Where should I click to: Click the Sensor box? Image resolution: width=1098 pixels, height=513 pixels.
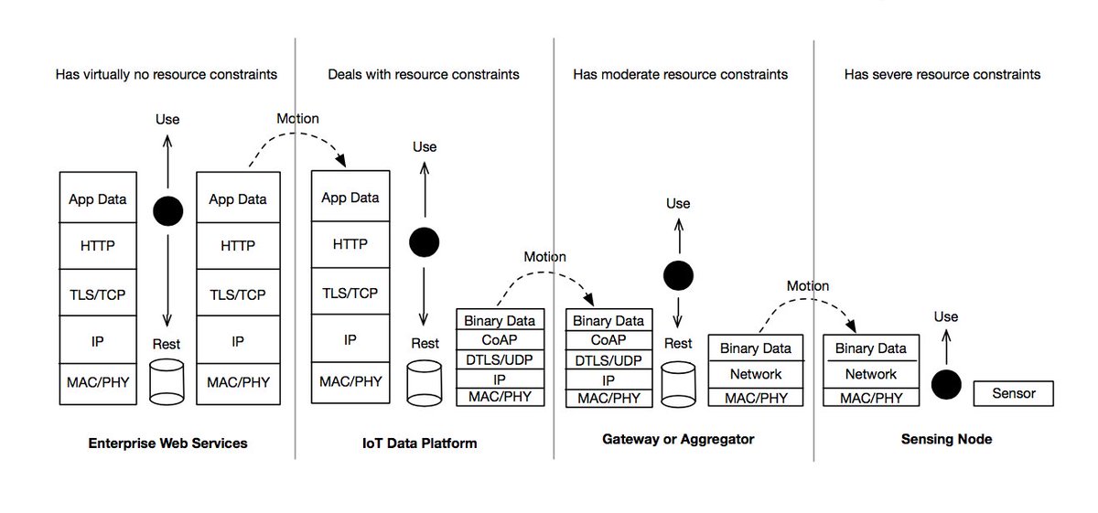click(1013, 393)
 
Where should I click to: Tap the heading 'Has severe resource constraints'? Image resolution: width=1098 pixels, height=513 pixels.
click(942, 74)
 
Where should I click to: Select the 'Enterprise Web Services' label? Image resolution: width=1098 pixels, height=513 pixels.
click(167, 444)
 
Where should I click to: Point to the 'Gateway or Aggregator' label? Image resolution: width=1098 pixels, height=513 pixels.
click(678, 439)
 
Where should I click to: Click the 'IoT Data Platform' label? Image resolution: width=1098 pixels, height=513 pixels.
click(420, 444)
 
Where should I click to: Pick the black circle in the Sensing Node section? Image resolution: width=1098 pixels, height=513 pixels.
click(946, 385)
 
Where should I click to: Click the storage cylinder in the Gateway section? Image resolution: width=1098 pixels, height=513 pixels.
click(678, 385)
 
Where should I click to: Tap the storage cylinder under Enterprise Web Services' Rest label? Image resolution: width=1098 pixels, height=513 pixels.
click(167, 382)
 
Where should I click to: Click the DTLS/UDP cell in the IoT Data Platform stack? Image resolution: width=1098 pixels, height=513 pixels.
click(500, 359)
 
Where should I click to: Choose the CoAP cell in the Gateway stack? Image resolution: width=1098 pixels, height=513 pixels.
click(608, 339)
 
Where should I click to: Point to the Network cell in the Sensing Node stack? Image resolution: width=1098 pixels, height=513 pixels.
click(871, 374)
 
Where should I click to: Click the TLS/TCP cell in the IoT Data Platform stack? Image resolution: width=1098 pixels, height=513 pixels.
click(350, 292)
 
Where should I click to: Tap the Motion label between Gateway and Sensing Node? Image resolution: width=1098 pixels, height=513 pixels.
click(808, 285)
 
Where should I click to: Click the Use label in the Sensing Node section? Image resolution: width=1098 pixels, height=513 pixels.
click(946, 316)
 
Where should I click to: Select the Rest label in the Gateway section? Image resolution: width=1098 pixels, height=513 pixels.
click(678, 343)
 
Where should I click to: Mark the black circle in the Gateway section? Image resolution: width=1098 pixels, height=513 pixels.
click(678, 275)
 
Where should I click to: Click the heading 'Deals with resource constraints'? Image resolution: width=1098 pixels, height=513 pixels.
click(424, 74)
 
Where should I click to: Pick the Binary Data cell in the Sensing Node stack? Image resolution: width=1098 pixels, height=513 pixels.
click(871, 347)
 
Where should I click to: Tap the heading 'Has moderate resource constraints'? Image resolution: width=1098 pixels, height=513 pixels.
click(681, 74)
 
